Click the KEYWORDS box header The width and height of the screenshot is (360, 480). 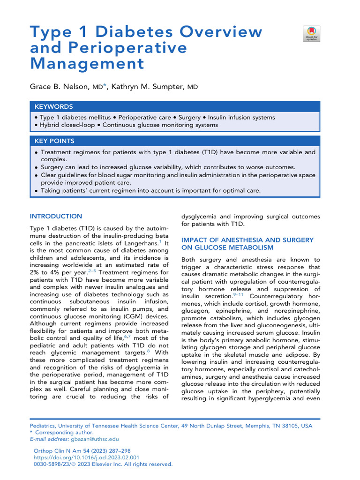coord(53,106)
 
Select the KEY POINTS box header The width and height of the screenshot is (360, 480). coord(54,141)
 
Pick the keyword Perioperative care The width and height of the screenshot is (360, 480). coord(145,117)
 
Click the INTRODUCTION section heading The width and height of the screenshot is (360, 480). coord(56,216)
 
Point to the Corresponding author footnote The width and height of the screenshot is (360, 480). coord(64,433)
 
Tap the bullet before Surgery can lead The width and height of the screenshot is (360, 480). coord(37,167)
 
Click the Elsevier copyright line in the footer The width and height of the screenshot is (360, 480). coord(101,464)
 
